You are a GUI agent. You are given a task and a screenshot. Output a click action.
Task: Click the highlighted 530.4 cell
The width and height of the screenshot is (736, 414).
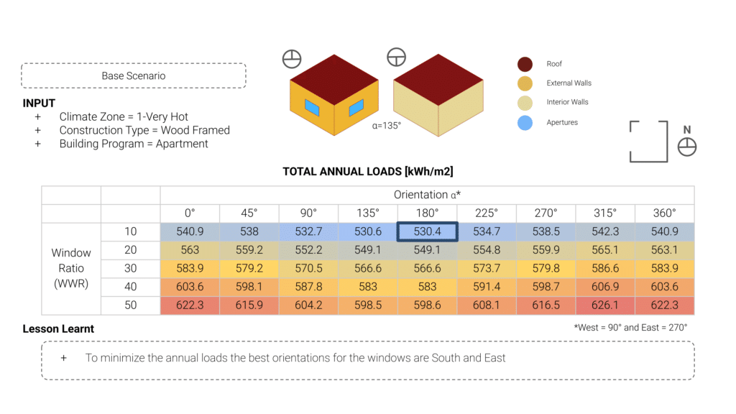coord(427,231)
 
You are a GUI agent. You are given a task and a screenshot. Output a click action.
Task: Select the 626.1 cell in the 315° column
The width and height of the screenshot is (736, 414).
coord(605,305)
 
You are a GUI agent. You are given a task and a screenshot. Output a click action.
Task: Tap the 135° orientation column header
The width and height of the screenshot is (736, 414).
coord(368,213)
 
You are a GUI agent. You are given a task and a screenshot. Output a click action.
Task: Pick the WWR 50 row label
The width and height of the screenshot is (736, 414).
coord(130,305)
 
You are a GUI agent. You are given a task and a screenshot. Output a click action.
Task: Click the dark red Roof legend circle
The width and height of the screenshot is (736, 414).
coord(525,64)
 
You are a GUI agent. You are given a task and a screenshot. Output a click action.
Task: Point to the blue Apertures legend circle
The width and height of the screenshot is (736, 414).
coord(525,123)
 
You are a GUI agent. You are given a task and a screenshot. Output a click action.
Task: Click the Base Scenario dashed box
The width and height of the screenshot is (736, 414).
coord(134,75)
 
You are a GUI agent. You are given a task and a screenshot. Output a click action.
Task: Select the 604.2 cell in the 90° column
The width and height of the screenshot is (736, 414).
coord(308,305)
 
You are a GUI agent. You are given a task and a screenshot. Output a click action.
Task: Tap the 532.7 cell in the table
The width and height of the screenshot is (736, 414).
coord(308,231)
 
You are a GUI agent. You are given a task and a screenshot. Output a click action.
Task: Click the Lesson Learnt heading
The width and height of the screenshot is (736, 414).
coord(58,329)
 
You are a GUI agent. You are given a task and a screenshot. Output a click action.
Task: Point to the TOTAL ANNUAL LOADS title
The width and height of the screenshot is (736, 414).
coord(367,171)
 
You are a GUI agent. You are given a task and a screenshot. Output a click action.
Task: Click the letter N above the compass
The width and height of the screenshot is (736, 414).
coord(687,130)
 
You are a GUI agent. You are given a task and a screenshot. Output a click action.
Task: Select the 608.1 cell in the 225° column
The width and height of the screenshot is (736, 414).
coord(487,305)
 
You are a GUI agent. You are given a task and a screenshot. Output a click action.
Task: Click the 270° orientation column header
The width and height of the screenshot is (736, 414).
coord(546,213)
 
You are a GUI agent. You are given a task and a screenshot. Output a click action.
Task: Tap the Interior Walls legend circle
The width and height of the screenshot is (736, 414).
coord(525,102)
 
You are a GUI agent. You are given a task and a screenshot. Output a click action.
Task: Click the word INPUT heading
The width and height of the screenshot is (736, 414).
coord(39,103)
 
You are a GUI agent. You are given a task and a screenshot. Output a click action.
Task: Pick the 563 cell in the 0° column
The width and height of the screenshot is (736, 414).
coord(190,250)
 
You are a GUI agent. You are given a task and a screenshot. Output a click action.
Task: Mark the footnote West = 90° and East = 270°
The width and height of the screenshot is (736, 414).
coord(630,327)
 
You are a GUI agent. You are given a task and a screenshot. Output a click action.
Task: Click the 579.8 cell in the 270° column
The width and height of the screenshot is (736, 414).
coord(546,269)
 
